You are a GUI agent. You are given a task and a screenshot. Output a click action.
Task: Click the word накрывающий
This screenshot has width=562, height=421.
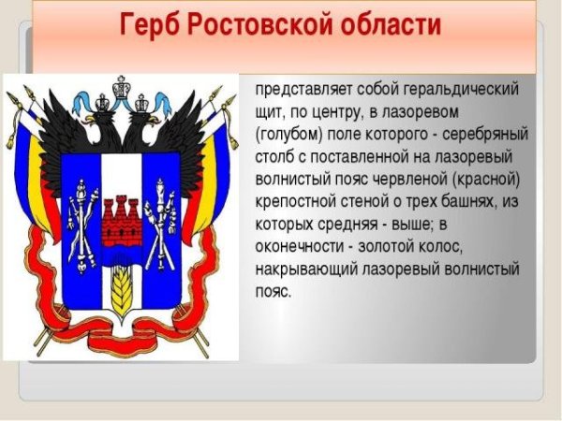pos(307,269)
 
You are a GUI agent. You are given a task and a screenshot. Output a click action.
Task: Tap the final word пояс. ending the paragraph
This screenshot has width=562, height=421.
pos(273,291)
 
